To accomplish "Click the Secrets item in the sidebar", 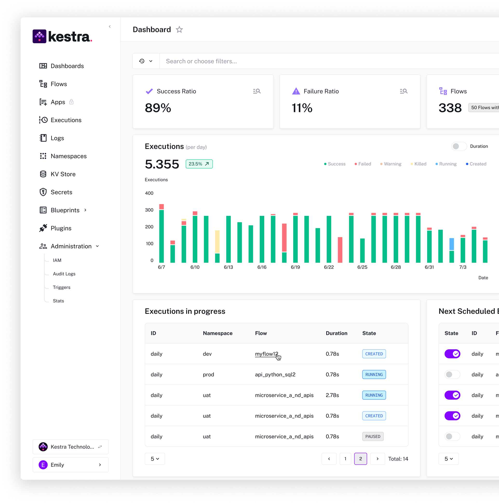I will [x=61, y=192].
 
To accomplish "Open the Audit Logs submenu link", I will [x=64, y=274].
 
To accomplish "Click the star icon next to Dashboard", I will [x=179, y=30].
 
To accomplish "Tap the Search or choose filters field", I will [x=313, y=61].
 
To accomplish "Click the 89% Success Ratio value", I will [x=158, y=108].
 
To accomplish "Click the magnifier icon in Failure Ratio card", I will [x=403, y=91].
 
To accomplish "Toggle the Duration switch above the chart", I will [x=459, y=146].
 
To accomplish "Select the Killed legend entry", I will [x=420, y=164].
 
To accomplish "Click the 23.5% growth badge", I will [x=199, y=164].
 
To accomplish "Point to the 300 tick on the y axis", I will [x=149, y=210].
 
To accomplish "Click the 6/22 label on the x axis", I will [x=329, y=267].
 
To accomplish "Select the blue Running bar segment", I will [x=452, y=244].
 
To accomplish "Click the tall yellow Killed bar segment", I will [x=217, y=241].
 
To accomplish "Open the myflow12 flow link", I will [x=266, y=354].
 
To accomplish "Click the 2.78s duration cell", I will [x=332, y=395].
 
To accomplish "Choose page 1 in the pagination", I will [x=345, y=459].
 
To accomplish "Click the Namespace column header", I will [x=217, y=333].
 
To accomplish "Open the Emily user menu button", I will [x=70, y=465].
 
